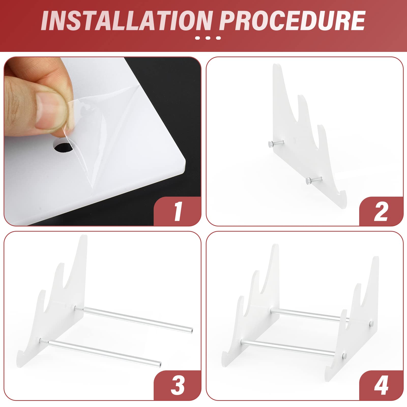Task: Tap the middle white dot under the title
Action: coord(208,38)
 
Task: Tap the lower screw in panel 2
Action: coord(309,181)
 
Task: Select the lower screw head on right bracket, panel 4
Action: coord(344,355)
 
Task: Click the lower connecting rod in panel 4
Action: coord(287,347)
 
